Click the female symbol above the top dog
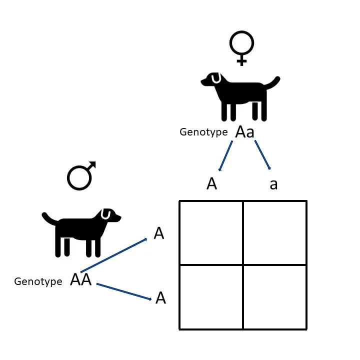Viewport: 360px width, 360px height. [242, 48]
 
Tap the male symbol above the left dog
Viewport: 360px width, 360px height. [81, 176]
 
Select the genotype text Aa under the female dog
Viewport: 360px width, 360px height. [245, 132]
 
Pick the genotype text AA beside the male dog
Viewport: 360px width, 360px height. [81, 280]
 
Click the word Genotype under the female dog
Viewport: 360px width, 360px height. [203, 132]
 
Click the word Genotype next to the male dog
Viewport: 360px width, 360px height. [38, 281]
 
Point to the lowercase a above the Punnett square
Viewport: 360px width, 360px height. [273, 184]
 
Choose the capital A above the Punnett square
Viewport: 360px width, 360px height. [212, 184]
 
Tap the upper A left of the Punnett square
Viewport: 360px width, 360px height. [159, 233]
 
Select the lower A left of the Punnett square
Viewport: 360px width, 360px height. [160, 298]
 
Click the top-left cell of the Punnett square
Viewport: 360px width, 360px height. [211, 233]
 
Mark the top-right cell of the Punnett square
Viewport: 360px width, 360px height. [274, 233]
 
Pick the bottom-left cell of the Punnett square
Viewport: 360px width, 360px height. [211, 297]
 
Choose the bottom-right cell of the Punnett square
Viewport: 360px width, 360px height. [274, 297]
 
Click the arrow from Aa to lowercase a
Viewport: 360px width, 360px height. [263, 155]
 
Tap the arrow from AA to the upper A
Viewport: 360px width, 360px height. [114, 255]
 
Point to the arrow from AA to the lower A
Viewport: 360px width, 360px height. [124, 291]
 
